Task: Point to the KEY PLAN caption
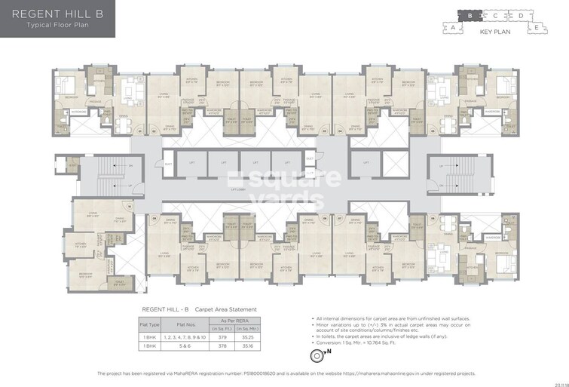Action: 496,33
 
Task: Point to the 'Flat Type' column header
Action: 150,324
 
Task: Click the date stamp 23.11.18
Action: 558,382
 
